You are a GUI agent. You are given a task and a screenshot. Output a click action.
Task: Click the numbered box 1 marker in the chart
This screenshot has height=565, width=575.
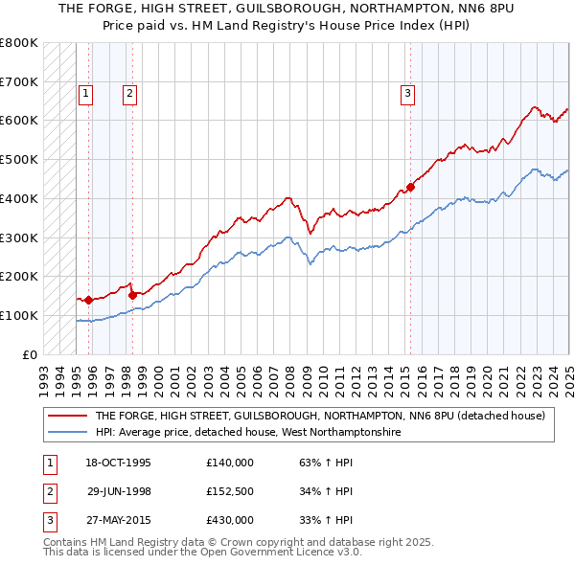(86, 94)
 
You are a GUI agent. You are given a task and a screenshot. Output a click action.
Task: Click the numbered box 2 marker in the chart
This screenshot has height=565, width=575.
(129, 94)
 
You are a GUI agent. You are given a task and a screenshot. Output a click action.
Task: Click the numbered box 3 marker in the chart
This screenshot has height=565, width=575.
(408, 94)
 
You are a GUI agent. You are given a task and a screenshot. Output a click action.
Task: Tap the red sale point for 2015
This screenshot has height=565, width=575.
(410, 187)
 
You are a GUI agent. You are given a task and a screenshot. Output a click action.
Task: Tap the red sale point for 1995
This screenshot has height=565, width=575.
(88, 300)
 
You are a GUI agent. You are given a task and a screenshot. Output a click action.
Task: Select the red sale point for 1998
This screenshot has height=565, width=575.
(133, 295)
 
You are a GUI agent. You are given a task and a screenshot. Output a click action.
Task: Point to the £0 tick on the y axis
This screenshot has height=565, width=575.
(30, 354)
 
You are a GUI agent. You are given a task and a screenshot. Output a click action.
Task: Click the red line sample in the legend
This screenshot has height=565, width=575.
(69, 416)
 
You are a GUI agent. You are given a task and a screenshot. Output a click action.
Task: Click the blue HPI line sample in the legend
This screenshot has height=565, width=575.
(69, 432)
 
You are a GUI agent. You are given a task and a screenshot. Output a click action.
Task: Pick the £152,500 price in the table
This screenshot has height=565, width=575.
(230, 491)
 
